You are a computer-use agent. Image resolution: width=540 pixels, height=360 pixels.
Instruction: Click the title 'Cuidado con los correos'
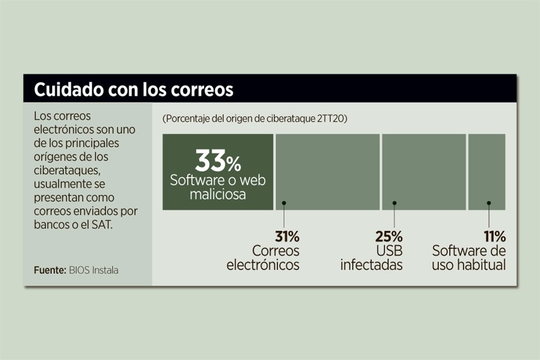[x=133, y=89]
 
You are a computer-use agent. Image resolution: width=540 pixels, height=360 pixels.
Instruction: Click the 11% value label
[x=494, y=236]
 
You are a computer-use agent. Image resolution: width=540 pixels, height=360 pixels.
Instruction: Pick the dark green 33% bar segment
[x=218, y=172]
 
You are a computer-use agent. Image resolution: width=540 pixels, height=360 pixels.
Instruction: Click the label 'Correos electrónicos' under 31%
[x=263, y=258]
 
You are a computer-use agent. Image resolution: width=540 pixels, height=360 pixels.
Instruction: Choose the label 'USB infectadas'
[x=372, y=258]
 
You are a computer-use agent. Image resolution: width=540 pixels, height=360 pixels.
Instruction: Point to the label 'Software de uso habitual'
[x=469, y=258]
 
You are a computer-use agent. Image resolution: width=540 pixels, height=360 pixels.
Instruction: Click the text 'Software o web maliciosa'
[x=218, y=187]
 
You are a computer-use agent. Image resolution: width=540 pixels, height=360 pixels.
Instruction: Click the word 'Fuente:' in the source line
[x=49, y=270]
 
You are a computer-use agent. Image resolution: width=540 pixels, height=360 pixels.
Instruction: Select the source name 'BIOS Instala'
[x=93, y=270]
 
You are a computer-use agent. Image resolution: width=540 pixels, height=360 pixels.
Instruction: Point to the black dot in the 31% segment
[x=285, y=203]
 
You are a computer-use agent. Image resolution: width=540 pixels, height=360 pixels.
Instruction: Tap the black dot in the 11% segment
[x=489, y=203]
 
